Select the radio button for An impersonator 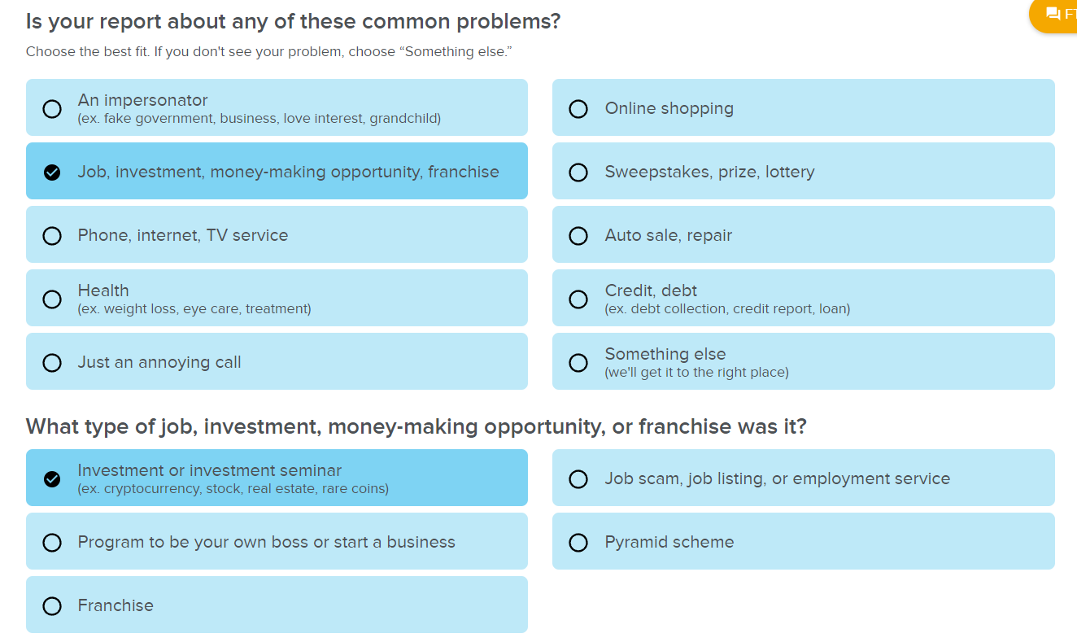pyautogui.click(x=52, y=109)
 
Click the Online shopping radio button pyautogui.click(x=578, y=109)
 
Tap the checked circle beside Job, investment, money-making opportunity pyautogui.click(x=52, y=173)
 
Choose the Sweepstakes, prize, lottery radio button pyautogui.click(x=578, y=173)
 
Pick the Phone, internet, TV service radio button pyautogui.click(x=52, y=236)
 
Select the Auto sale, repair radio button pyautogui.click(x=578, y=236)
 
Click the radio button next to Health pyautogui.click(x=52, y=299)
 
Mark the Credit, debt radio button pyautogui.click(x=578, y=299)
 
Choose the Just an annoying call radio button pyautogui.click(x=52, y=363)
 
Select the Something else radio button pyautogui.click(x=578, y=363)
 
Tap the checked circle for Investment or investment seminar pyautogui.click(x=52, y=479)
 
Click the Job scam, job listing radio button pyautogui.click(x=578, y=479)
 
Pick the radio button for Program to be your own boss pyautogui.click(x=52, y=543)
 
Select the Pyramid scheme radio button pyautogui.click(x=578, y=543)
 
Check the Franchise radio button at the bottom pyautogui.click(x=52, y=606)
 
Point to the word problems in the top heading pyautogui.click(x=508, y=22)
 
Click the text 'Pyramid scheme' pyautogui.click(x=669, y=542)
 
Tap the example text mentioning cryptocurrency pyautogui.click(x=233, y=488)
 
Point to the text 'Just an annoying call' pyautogui.click(x=159, y=362)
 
